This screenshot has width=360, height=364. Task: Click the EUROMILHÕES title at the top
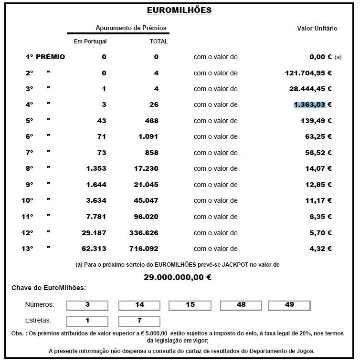[179, 10]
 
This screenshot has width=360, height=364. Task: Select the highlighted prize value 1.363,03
[309, 104]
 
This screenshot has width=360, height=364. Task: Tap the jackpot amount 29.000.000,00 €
[178, 277]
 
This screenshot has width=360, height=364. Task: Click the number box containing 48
[241, 304]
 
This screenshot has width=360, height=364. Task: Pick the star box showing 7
[139, 321]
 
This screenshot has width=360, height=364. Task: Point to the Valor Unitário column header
[317, 28]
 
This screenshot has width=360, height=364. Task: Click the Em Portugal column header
[90, 42]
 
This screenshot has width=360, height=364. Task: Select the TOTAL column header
[159, 42]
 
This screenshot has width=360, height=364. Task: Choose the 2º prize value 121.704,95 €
[308, 73]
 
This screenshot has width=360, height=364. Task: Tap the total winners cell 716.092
[144, 249]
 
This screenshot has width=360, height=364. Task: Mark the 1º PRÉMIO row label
[45, 57]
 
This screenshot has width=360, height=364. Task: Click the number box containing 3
[87, 304]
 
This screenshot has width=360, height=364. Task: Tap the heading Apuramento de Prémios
[131, 28]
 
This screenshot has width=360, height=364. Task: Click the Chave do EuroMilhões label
[49, 288]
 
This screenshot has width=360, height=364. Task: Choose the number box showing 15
[190, 304]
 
